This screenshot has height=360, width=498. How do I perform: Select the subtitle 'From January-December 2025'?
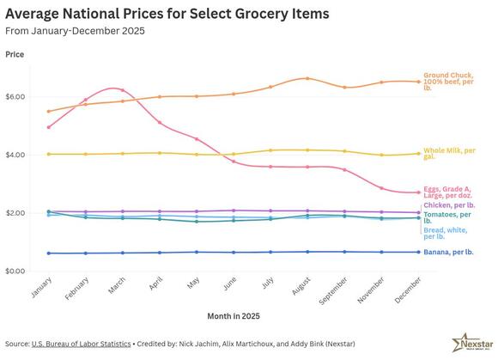[75, 32]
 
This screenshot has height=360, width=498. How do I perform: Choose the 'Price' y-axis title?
[15, 54]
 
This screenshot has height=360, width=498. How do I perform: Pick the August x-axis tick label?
[299, 290]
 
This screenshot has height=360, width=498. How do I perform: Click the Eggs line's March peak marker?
[123, 89]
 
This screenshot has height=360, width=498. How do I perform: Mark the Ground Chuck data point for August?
[307, 78]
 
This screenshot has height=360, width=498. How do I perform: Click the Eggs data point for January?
[49, 127]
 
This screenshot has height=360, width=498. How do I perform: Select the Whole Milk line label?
[449, 153]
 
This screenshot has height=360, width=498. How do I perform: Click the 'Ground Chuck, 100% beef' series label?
[453, 81]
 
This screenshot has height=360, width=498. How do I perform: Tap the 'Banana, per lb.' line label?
[450, 252]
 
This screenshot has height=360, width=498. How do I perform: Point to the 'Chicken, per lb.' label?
[449, 205]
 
